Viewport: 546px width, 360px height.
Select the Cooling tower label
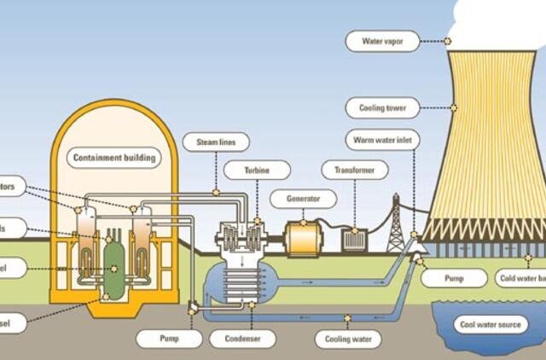pyautogui.click(x=383, y=108)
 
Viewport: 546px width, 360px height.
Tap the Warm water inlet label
pyautogui.click(x=382, y=139)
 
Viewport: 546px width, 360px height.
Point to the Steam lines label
pyautogui.click(x=216, y=142)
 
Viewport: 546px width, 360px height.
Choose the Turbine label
pyautogui.click(x=258, y=170)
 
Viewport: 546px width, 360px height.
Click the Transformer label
pyautogui.click(x=354, y=170)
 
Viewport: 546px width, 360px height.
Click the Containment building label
pyautogui.click(x=114, y=158)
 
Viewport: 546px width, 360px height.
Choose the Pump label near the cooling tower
pyautogui.click(x=454, y=278)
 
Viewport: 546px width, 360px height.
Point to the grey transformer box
pyautogui.click(x=353, y=240)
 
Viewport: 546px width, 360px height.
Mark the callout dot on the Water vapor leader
pyautogui.click(x=447, y=40)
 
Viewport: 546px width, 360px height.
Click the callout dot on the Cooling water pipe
pyautogui.click(x=347, y=318)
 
